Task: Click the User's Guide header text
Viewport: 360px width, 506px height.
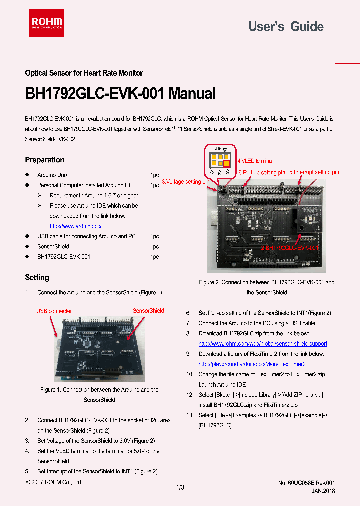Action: [286, 27]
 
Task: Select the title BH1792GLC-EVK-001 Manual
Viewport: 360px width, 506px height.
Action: [120, 94]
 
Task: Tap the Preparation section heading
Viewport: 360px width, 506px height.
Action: [45, 160]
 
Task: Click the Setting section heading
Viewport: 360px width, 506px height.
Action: [37, 277]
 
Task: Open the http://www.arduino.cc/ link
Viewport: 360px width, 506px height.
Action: [76, 226]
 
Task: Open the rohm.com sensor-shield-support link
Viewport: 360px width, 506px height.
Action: [263, 344]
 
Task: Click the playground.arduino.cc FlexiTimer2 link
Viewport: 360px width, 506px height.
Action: [252, 364]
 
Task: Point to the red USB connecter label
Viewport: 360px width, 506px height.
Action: [54, 311]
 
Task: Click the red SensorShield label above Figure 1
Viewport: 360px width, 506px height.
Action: [148, 311]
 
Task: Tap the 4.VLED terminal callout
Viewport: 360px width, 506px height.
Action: [255, 161]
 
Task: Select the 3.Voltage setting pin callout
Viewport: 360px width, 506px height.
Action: [185, 182]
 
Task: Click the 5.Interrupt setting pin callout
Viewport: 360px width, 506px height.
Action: [314, 172]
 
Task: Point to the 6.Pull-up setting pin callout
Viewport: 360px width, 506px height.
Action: [261, 172]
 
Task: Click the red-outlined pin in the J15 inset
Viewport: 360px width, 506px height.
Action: [226, 163]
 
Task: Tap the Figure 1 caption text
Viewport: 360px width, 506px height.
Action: [99, 395]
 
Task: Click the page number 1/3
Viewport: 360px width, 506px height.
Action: [180, 487]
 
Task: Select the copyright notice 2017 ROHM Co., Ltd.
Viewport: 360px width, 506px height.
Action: [54, 482]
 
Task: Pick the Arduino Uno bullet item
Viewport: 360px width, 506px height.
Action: [52, 175]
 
